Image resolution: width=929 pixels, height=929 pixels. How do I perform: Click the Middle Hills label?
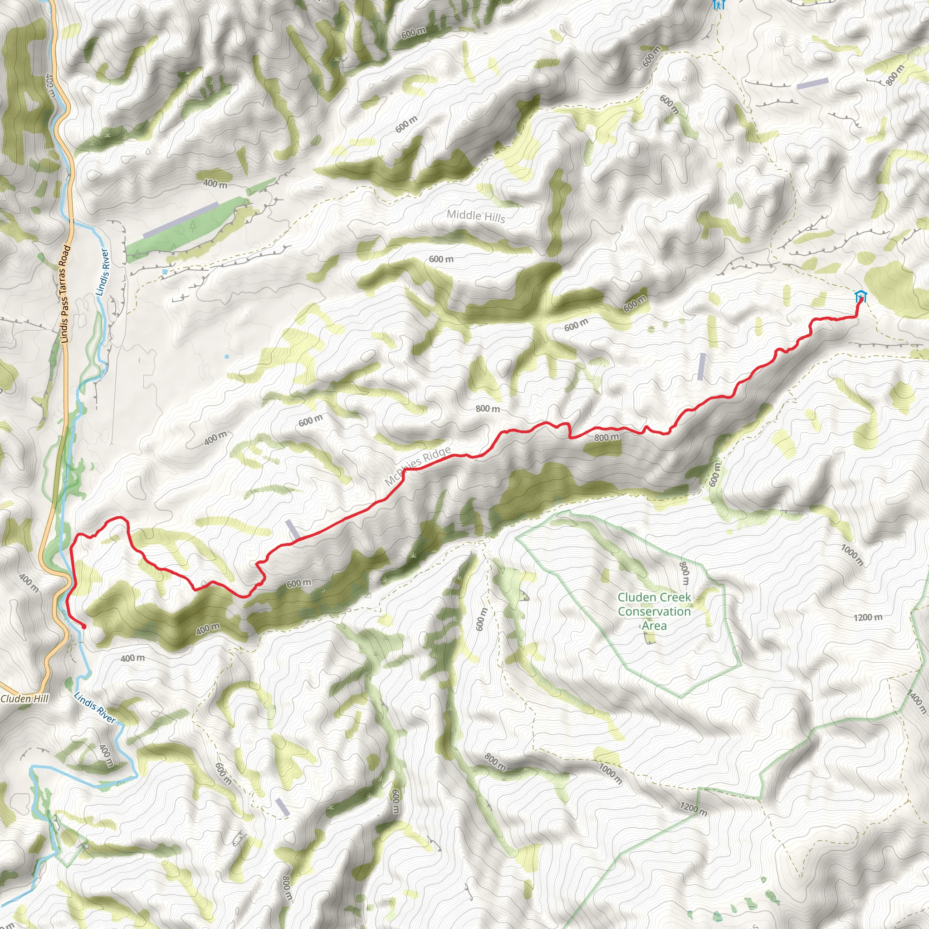(475, 216)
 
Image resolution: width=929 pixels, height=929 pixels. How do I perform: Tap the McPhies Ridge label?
(418, 465)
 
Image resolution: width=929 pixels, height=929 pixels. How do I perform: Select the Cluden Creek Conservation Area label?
(654, 611)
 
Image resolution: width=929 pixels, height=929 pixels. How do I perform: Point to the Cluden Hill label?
(24, 699)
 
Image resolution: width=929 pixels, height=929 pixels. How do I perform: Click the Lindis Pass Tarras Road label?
(65, 294)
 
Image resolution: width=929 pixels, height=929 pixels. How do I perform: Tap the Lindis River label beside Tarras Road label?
(103, 272)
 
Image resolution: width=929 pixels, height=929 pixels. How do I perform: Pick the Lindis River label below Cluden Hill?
(95, 707)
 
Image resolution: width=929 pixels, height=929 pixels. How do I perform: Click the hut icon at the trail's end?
(860, 297)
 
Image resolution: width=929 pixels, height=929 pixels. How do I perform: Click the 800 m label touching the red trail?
(606, 438)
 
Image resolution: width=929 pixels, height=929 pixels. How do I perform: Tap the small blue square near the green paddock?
(166, 272)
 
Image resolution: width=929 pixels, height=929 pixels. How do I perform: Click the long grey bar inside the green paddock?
(181, 220)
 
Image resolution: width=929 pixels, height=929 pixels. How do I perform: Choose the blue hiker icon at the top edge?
(719, 5)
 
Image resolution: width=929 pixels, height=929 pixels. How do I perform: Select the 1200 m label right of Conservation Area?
(868, 617)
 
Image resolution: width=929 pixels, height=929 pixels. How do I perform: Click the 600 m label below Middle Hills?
(441, 259)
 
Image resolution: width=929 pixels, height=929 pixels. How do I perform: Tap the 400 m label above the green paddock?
(215, 183)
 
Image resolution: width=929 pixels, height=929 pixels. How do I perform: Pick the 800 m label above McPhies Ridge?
(488, 409)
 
